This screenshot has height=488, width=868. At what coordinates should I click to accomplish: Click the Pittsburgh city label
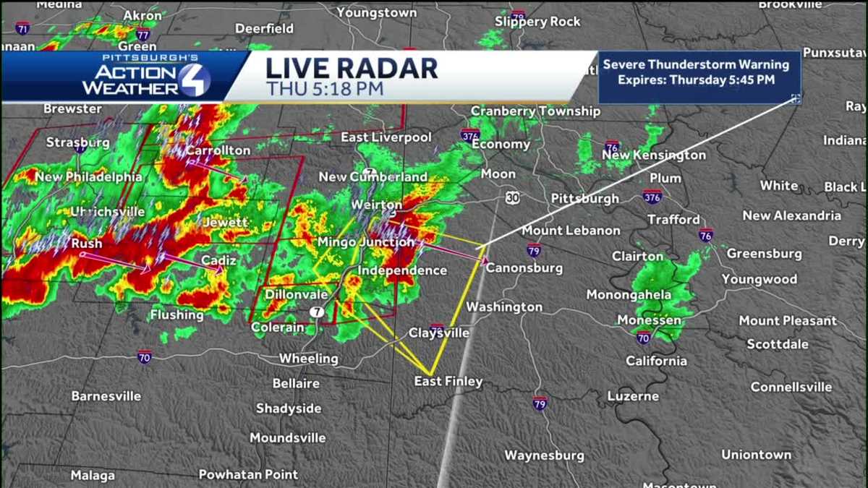pos(584,198)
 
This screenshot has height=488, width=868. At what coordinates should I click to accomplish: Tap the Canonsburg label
pos(524,268)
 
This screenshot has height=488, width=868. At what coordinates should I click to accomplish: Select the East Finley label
pos(448,381)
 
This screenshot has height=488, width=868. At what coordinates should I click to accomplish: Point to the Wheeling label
pos(309,359)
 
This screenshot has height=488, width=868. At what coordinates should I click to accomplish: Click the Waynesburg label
pos(544,455)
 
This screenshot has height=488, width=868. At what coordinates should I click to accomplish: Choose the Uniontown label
pos(756,455)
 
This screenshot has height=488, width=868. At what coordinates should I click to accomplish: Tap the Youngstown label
pos(377,13)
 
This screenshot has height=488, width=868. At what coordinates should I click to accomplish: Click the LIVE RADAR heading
pos(352,68)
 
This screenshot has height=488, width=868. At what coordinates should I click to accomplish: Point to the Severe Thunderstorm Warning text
pos(696,64)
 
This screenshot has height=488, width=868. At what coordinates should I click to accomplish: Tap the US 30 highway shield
pos(512,197)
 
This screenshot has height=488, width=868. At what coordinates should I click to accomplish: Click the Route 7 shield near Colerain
pos(316,312)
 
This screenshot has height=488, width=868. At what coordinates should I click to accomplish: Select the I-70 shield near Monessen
pos(643,338)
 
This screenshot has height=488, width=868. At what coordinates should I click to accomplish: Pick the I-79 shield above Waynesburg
pos(539,403)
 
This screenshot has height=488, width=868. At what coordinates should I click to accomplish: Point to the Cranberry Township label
pos(535,111)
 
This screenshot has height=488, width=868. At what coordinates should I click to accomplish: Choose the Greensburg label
pos(764,254)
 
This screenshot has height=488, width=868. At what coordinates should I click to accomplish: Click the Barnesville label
pos(106,396)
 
